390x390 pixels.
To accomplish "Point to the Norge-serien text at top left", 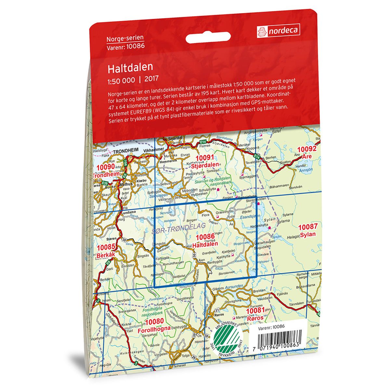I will (125, 39).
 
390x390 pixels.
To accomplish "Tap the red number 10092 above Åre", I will (307, 149).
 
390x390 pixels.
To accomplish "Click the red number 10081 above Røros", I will (255, 311).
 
